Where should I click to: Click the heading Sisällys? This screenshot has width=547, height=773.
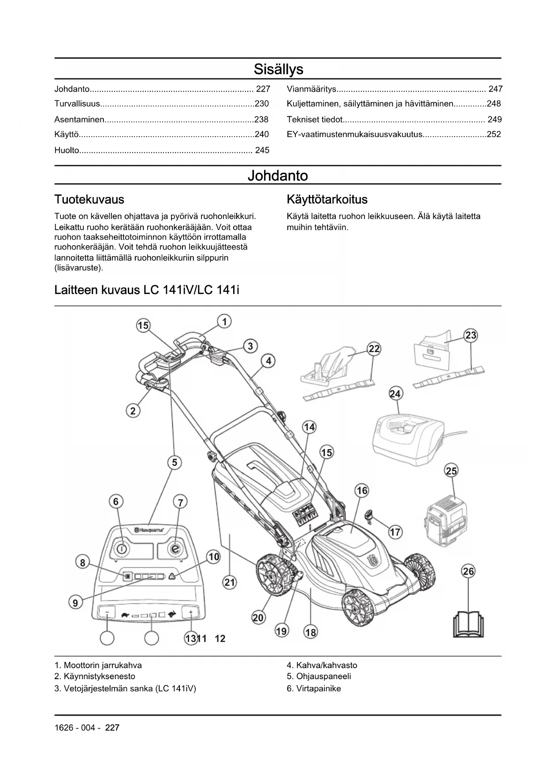click(278, 69)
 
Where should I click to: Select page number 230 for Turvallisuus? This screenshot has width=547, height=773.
click(262, 104)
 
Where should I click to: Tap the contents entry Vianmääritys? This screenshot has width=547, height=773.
click(312, 89)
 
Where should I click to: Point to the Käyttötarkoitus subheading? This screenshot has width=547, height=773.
click(327, 199)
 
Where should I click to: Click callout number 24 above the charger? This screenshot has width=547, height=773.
click(395, 394)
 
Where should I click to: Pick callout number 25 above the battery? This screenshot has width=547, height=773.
click(451, 471)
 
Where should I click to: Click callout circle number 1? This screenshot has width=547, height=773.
click(224, 322)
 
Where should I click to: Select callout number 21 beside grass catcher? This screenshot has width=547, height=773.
click(230, 583)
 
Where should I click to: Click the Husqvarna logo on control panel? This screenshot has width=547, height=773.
click(149, 530)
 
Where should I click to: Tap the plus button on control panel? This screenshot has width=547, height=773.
click(191, 612)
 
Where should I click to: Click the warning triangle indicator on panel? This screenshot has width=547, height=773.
click(171, 576)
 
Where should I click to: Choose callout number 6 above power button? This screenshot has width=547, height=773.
click(116, 502)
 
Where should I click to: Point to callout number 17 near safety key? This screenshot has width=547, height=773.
click(395, 532)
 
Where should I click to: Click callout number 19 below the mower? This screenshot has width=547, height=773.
click(281, 631)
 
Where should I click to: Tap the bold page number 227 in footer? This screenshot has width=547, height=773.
click(112, 728)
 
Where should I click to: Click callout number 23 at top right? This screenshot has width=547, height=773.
click(471, 335)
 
